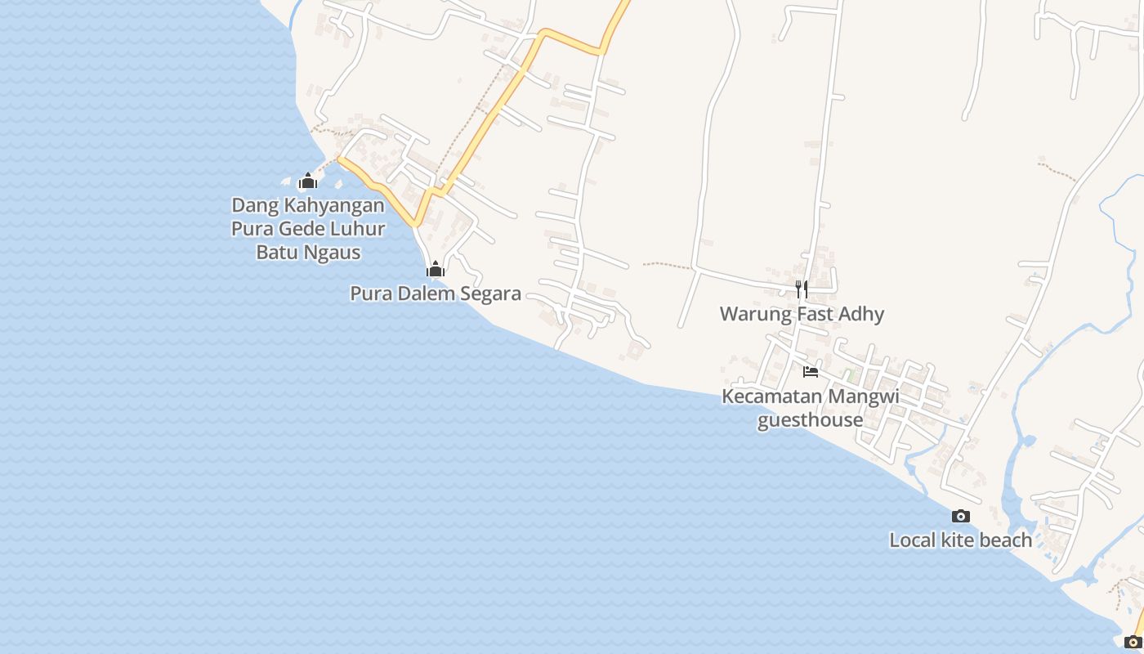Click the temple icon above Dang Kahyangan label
[x=308, y=181]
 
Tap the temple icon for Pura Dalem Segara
[x=436, y=269]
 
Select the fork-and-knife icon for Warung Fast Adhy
[x=802, y=289]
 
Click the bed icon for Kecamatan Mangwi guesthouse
[x=811, y=371]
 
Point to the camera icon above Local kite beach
[x=961, y=516]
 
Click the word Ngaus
[x=333, y=252]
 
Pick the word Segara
[x=489, y=293]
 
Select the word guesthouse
[x=811, y=420]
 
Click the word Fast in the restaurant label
[x=817, y=314]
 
